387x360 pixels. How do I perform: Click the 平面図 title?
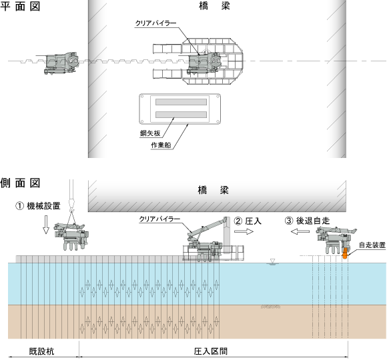pyautogui.click(x=20, y=6)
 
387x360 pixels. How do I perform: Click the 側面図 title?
pyautogui.click(x=20, y=183)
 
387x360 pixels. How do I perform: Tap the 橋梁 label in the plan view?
pyautogui.click(x=214, y=6)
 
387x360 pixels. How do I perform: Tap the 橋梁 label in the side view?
pyautogui.click(x=214, y=190)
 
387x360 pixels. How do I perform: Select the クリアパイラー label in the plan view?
pyautogui.click(x=155, y=23)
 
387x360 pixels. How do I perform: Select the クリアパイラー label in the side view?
pyautogui.click(x=159, y=219)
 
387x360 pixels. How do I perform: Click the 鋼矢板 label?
pyautogui.click(x=150, y=133)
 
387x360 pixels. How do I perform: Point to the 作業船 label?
pyautogui.click(x=161, y=145)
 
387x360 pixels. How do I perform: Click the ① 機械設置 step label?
pyautogui.click(x=38, y=205)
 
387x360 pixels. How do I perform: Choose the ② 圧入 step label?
pyautogui.click(x=248, y=221)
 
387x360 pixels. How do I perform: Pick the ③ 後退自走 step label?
pyautogui.click(x=308, y=221)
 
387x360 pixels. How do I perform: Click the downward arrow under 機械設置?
pyautogui.click(x=46, y=225)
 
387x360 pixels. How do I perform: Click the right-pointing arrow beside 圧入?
pyautogui.click(x=244, y=231)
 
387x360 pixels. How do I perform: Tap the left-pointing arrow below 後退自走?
pyautogui.click(x=300, y=231)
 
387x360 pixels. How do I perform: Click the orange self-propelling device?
pyautogui.click(x=344, y=253)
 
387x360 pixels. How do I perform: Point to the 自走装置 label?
pyautogui.click(x=372, y=245)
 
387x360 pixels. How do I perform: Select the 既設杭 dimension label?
pyautogui.click(x=41, y=351)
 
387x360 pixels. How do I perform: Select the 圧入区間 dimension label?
pyautogui.click(x=211, y=351)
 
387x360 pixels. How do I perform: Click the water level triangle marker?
pyautogui.click(x=272, y=261)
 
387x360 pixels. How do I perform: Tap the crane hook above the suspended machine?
pyautogui.click(x=71, y=203)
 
